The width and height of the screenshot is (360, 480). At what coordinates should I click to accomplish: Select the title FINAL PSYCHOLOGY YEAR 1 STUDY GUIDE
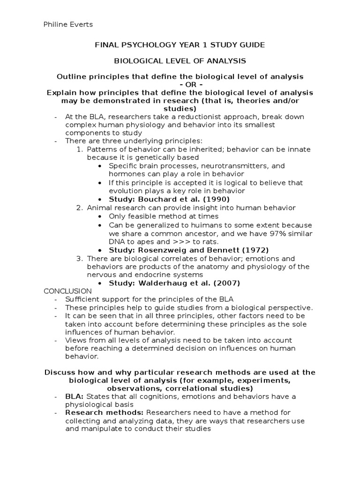coord(180,45)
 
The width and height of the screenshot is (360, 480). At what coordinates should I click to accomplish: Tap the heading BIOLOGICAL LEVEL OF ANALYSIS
coord(180,61)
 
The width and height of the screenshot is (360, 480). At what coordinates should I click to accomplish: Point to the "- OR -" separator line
coord(180,84)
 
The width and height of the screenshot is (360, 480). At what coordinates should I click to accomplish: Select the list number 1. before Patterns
coord(80,149)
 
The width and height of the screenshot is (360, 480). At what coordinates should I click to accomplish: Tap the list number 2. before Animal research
coord(80,208)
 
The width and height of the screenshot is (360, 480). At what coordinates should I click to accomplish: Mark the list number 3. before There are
coord(80,258)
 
